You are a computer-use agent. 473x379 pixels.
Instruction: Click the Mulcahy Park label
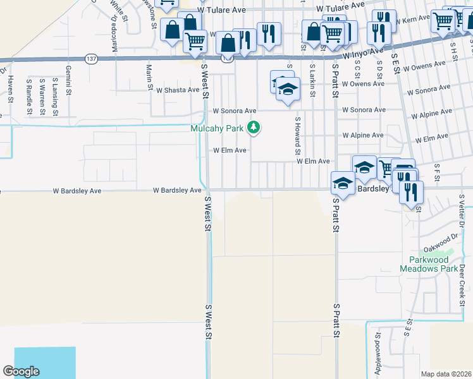pyautogui.click(x=217, y=129)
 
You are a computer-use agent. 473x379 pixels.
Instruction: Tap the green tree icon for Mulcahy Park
pyautogui.click(x=254, y=128)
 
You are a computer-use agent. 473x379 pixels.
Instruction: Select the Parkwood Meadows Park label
pyautogui.click(x=428, y=264)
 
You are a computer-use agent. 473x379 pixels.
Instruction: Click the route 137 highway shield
pyautogui.click(x=91, y=58)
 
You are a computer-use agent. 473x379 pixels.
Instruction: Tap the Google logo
pyautogui.click(x=21, y=371)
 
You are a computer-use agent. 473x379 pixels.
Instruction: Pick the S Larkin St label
pyautogui.click(x=312, y=74)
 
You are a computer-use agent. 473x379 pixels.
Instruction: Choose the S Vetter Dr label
pyautogui.click(x=462, y=212)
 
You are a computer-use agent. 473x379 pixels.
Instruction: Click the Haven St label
pyautogui.click(x=11, y=88)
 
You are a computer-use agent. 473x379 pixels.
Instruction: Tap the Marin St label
pyautogui.click(x=149, y=76)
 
